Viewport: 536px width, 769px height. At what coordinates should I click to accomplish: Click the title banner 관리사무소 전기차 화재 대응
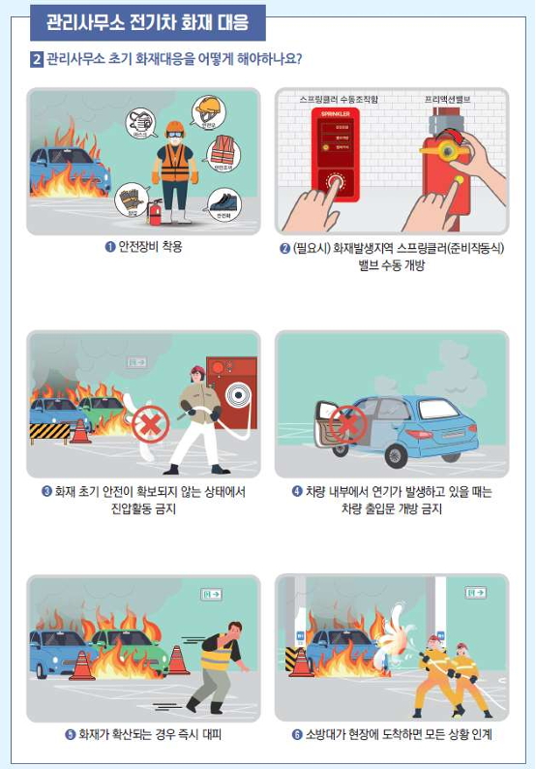tap(146, 20)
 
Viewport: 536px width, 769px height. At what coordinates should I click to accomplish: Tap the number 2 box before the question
tap(37, 59)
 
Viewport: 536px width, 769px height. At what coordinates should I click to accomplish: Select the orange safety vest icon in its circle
tap(223, 151)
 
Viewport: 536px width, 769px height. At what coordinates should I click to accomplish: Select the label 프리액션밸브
tap(447, 100)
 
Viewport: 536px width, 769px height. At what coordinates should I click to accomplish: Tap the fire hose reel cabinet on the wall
tap(232, 395)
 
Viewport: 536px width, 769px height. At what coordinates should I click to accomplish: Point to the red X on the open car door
tap(348, 423)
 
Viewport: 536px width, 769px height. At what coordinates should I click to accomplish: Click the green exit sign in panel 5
tap(211, 594)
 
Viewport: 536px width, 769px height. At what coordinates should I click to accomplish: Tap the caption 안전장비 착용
tap(143, 247)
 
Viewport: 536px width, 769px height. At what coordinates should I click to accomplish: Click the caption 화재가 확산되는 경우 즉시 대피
tap(143, 734)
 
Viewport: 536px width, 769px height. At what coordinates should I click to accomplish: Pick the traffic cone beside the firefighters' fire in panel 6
tap(302, 663)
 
